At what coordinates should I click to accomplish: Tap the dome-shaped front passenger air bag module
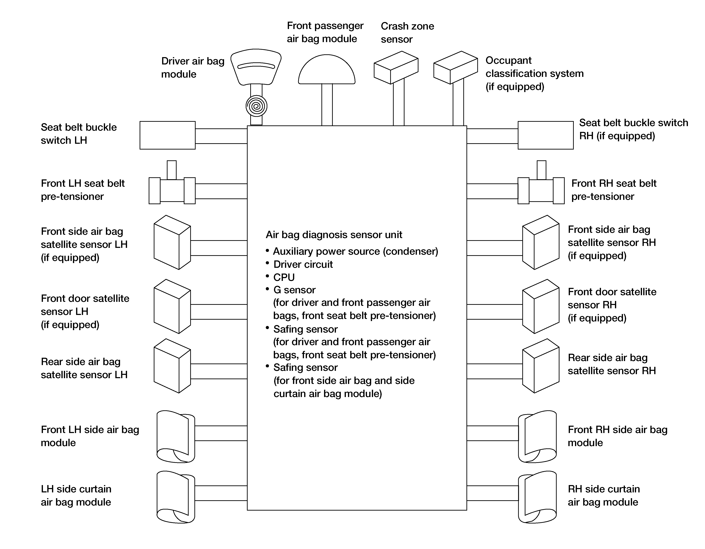(x=327, y=70)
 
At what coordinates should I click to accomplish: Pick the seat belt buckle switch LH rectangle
(x=168, y=135)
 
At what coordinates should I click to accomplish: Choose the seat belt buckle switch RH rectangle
(x=546, y=135)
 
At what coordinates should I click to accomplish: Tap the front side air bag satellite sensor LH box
(x=172, y=242)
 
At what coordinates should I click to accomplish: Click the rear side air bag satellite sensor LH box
(x=172, y=366)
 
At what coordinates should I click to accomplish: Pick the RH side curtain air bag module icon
(x=537, y=497)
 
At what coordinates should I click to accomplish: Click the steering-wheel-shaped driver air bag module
(x=256, y=67)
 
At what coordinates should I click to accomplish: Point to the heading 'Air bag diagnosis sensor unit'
(x=334, y=235)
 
